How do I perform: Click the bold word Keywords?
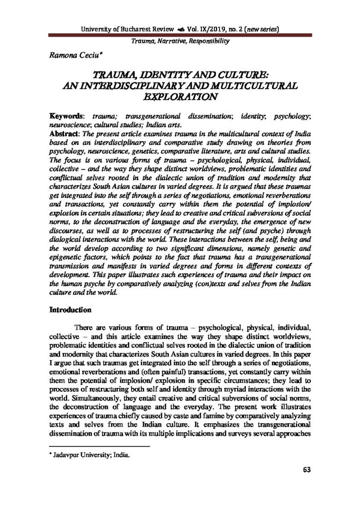tap(65, 116)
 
